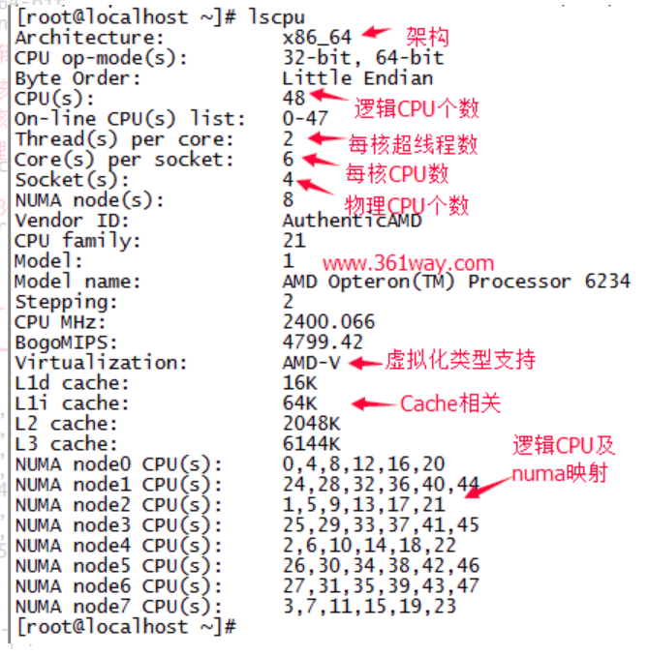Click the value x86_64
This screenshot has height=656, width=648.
point(318,37)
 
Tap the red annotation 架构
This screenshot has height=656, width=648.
point(425,37)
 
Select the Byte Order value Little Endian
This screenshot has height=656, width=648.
point(357,77)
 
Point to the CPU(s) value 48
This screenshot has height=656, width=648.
point(293,98)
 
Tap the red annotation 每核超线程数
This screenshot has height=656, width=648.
point(413,145)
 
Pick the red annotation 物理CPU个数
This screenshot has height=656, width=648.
point(407,205)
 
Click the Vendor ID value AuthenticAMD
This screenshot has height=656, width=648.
point(352,221)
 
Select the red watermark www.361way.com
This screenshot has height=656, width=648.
point(408,263)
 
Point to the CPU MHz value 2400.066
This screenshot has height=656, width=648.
point(328,322)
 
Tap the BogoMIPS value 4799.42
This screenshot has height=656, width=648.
point(323,343)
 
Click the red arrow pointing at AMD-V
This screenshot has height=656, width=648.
point(366,363)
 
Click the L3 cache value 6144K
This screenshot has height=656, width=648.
point(311,444)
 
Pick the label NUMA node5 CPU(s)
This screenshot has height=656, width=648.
point(118,566)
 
